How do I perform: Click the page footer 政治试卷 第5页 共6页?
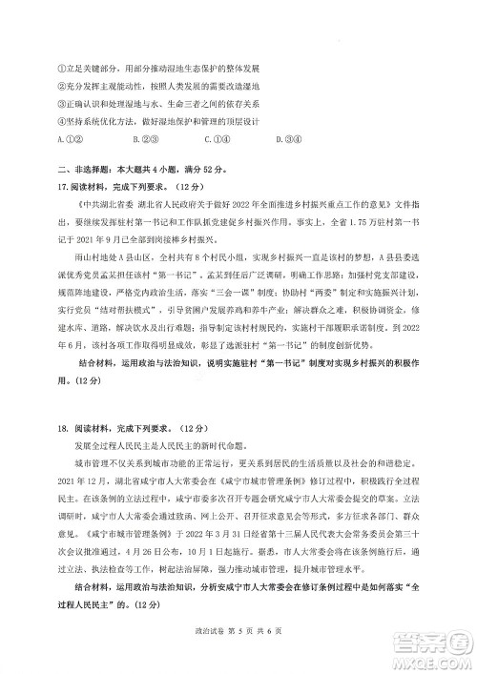pos(239,645)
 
